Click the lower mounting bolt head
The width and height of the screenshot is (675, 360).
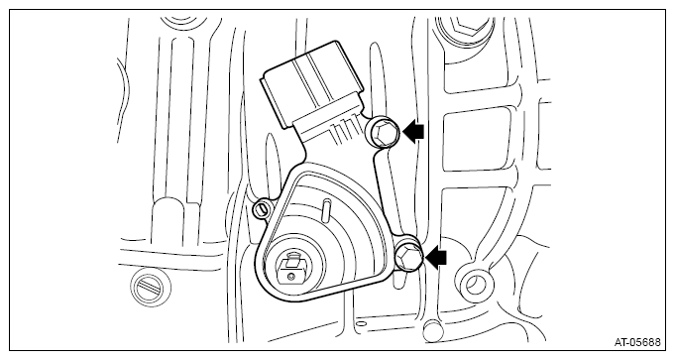click(407, 257)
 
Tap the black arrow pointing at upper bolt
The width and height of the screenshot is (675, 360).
click(413, 131)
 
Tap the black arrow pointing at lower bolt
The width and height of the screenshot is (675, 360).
click(436, 257)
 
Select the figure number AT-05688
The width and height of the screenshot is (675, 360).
click(636, 343)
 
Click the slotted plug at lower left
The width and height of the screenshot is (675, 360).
click(151, 288)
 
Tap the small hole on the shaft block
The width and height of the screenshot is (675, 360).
click(292, 276)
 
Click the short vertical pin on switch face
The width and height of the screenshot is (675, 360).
click(326, 209)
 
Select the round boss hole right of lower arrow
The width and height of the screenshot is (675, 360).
click(475, 285)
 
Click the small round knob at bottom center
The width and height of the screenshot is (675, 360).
click(431, 330)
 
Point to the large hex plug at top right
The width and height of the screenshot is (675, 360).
click(464, 30)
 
